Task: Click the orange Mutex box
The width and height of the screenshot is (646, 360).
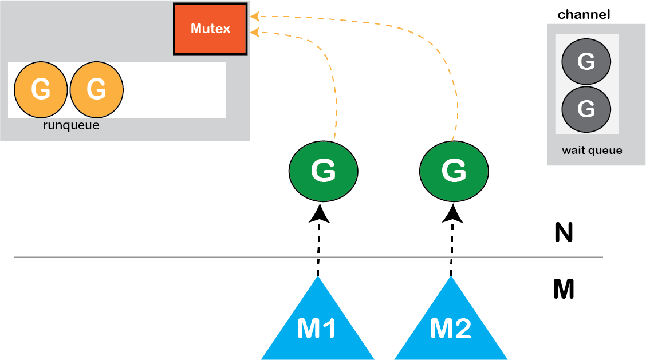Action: pos(210,29)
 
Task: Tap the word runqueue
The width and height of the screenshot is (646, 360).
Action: pos(71,125)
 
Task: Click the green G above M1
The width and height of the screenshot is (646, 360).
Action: pos(323,171)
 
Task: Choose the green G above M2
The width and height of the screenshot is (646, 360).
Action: pos(454,171)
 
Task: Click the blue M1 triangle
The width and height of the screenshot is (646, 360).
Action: pos(318,326)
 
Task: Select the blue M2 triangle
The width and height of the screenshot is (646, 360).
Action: pos(451,326)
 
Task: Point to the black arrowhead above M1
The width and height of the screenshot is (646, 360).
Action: pos(319,214)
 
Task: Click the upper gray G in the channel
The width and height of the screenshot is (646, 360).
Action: pos(586,62)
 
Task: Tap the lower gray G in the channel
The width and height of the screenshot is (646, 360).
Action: pos(586,109)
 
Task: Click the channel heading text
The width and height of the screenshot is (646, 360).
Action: pos(584,14)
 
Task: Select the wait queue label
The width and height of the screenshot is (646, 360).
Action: pos(592,151)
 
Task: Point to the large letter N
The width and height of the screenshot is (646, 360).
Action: pos(564,233)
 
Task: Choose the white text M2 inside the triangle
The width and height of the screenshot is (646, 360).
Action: pos(451,329)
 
